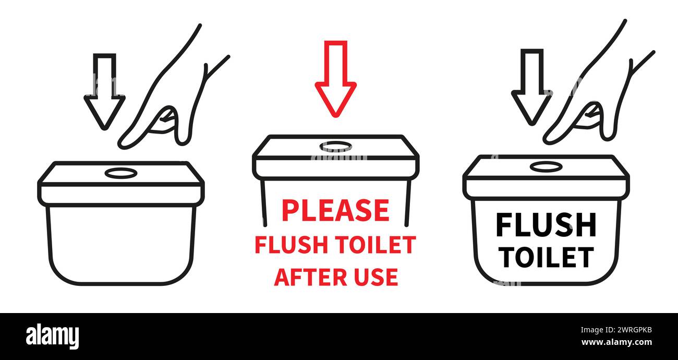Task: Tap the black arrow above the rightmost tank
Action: coord(531,89)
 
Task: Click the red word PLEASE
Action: coord(335,210)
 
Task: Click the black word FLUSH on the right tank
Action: coord(546,225)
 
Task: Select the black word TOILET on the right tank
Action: coord(546,256)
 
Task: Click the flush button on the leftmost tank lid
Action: coord(121,173)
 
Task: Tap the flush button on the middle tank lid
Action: coord(336,147)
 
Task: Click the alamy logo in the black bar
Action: coord(52,337)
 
